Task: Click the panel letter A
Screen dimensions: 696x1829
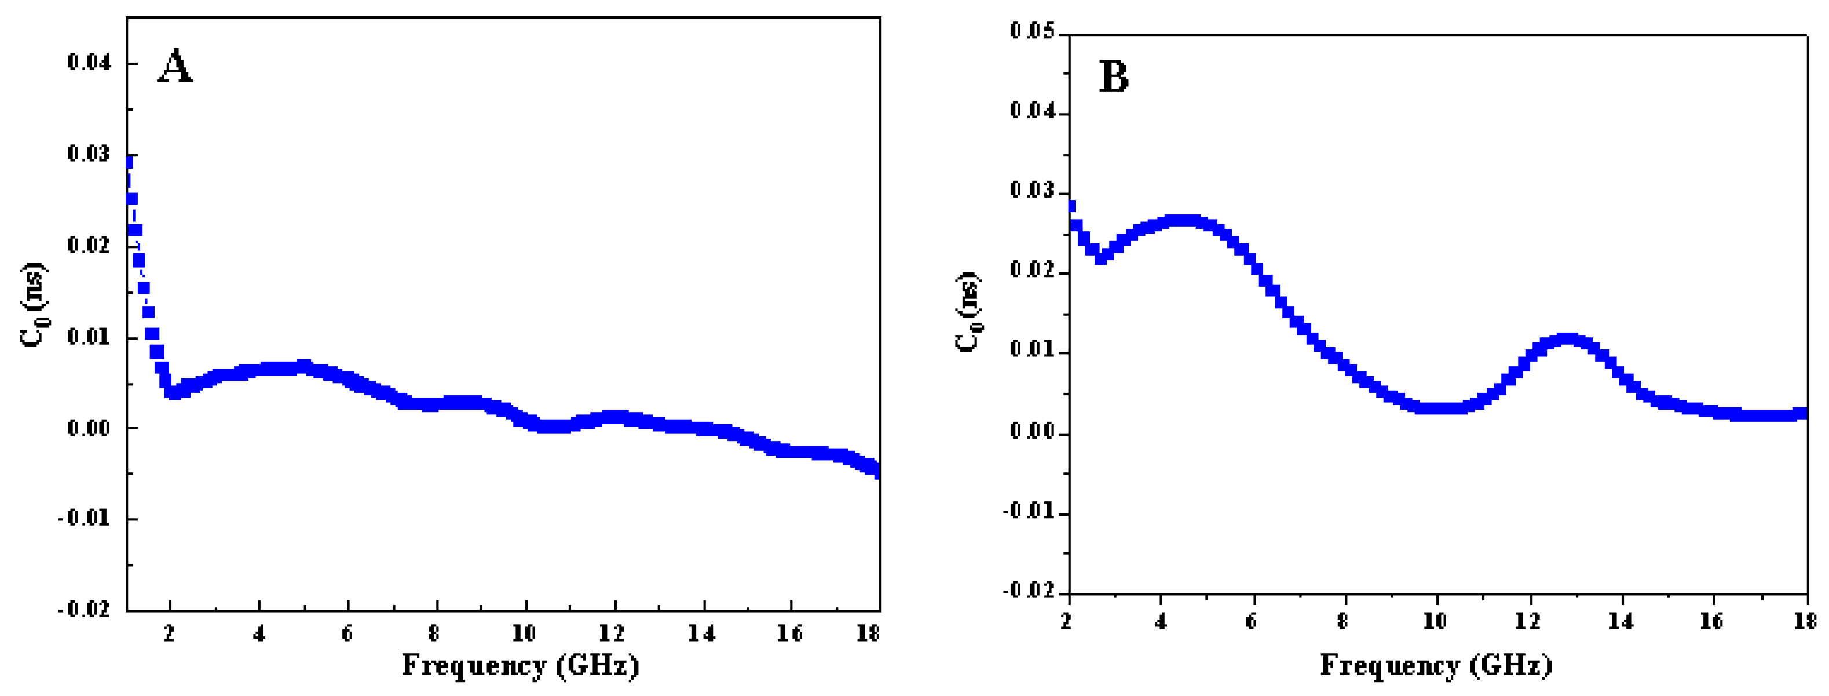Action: (175, 67)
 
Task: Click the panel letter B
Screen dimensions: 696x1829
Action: (1113, 76)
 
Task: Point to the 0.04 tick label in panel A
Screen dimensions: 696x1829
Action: (89, 63)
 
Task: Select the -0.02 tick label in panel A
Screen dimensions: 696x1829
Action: (85, 609)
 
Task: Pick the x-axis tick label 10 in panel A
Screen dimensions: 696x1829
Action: (525, 633)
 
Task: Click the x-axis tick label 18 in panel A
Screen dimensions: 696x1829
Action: (868, 633)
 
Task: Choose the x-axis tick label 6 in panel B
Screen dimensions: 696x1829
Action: (1251, 621)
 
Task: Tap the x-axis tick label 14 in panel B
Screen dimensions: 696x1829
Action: (1621, 621)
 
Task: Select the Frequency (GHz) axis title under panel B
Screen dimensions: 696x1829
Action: (1436, 665)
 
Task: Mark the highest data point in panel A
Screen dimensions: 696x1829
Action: (129, 162)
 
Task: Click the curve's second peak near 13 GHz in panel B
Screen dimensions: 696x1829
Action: (1568, 340)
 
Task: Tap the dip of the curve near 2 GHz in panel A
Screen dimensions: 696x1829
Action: (173, 391)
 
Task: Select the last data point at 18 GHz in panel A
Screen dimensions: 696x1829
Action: (877, 472)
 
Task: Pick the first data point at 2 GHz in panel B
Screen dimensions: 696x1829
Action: (1071, 206)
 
